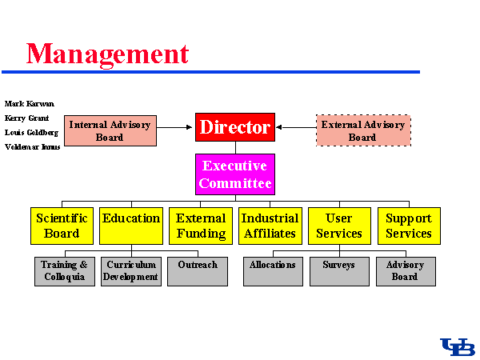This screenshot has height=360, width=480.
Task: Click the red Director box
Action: pos(235,126)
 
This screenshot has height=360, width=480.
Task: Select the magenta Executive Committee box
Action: pos(235,174)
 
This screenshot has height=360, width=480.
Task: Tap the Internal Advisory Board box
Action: pos(110,130)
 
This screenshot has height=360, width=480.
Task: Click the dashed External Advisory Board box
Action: pos(362,130)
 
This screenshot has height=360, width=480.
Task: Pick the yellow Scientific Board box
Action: pos(62,226)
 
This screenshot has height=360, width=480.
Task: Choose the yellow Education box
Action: pos(131,226)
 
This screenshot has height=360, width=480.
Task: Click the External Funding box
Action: pos(201,226)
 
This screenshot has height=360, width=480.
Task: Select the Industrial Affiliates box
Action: pos(270,226)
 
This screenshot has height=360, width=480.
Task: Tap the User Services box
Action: pos(339,226)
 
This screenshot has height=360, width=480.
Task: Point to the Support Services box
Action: pos(409,226)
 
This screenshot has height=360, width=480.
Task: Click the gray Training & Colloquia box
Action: pos(64,271)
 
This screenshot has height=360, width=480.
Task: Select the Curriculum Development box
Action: pos(131,271)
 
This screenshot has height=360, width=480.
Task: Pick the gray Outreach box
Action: pos(198,271)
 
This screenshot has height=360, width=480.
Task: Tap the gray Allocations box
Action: pos(273,271)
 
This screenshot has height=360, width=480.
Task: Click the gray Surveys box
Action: pos(339,271)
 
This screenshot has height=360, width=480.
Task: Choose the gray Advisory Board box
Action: pos(406,271)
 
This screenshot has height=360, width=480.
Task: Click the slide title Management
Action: pos(108,53)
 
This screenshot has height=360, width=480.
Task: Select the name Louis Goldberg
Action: pos(31,132)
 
